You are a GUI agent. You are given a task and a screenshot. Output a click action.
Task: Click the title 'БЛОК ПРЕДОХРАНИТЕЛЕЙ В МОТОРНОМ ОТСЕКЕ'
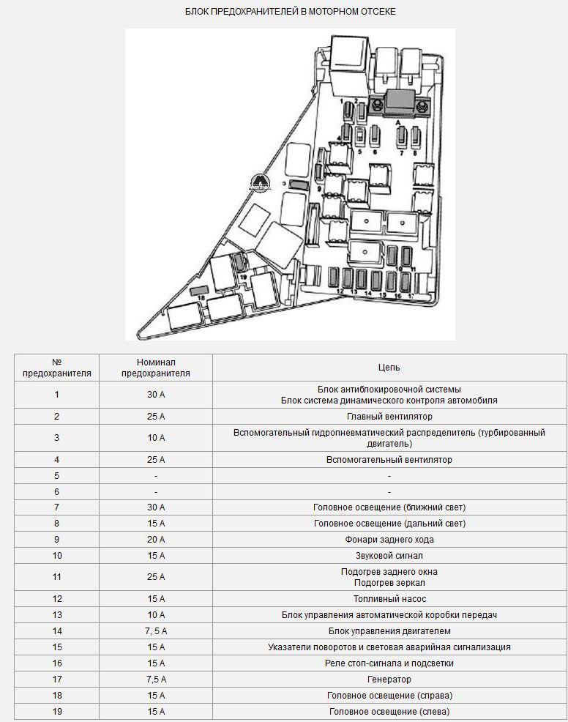click(x=291, y=12)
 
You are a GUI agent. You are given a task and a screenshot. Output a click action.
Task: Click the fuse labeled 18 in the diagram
click(x=198, y=291)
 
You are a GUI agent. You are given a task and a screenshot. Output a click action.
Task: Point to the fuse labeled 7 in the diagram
click(x=401, y=136)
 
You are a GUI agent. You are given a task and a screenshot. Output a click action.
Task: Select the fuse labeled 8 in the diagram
click(x=416, y=136)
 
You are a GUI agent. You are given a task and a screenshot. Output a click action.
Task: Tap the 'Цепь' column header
click(x=389, y=368)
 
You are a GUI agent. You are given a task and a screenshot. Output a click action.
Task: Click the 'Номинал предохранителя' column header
click(x=155, y=368)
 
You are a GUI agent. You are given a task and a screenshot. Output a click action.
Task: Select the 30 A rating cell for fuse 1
click(x=155, y=395)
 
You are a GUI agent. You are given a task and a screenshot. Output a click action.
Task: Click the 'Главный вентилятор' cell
click(x=389, y=417)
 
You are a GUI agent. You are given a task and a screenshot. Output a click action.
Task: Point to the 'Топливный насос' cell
click(x=389, y=599)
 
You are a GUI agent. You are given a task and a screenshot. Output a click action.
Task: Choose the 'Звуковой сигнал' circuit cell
click(x=389, y=556)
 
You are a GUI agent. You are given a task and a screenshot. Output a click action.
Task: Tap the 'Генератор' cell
click(x=389, y=680)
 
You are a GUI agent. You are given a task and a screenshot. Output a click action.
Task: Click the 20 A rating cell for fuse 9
click(x=155, y=540)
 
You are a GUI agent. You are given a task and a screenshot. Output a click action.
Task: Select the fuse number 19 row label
click(x=56, y=712)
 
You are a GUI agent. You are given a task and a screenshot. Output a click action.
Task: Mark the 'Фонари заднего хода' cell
click(x=389, y=540)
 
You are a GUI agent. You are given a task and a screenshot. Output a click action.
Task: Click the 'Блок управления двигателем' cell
click(x=389, y=631)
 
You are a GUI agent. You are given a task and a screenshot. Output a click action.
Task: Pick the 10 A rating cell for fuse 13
click(x=155, y=615)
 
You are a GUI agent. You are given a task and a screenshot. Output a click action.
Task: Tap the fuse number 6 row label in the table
click(x=56, y=492)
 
